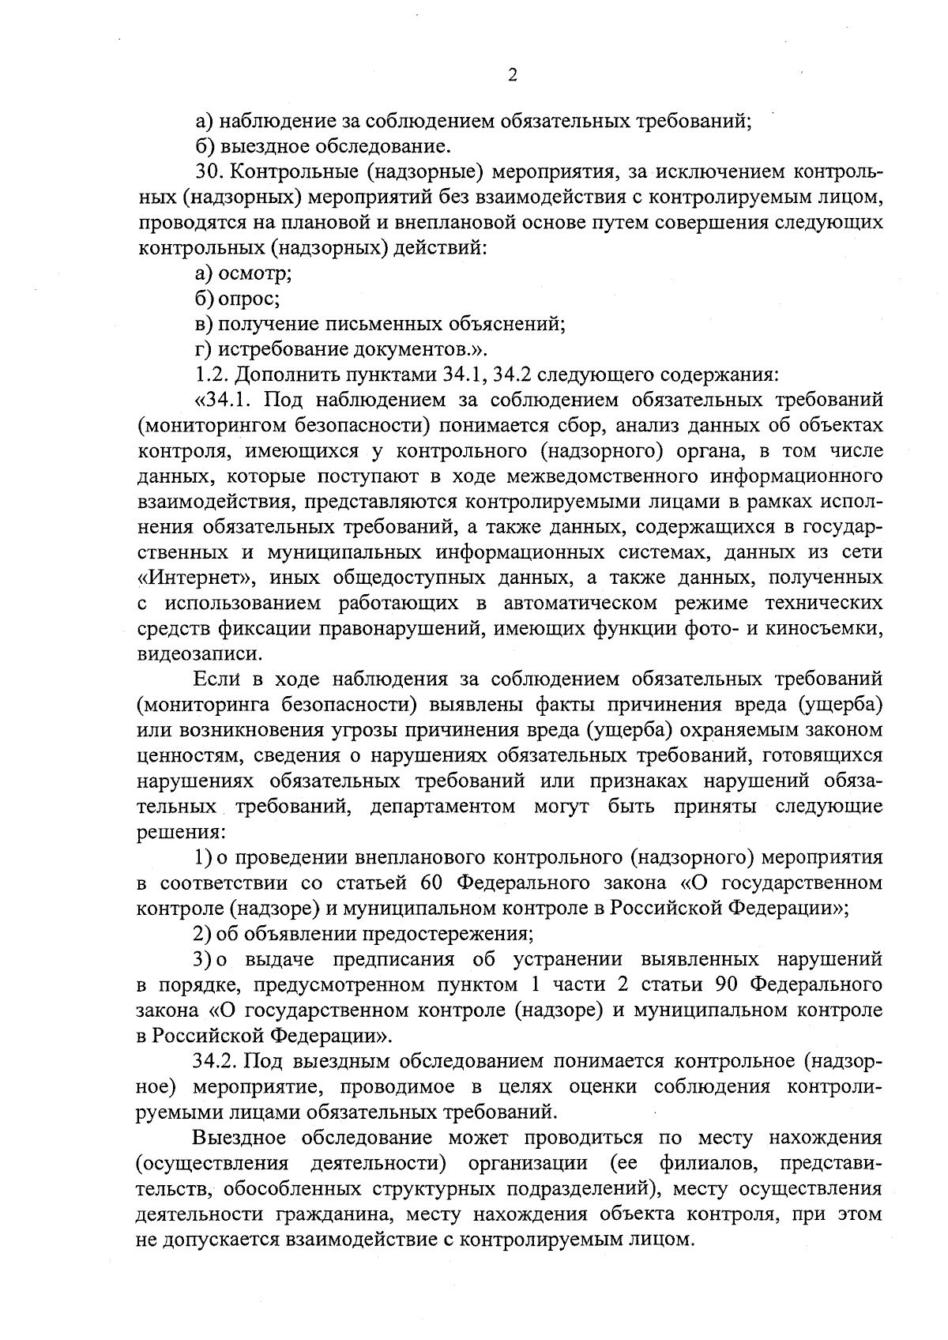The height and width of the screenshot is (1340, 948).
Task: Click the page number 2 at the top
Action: [x=511, y=75]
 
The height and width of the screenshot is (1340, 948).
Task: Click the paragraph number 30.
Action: [x=208, y=172]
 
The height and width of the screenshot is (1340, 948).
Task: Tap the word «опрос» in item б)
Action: [x=248, y=299]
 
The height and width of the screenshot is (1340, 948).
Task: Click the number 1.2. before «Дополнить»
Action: [x=210, y=375]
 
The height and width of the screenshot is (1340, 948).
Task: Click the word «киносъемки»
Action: [x=829, y=628]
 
